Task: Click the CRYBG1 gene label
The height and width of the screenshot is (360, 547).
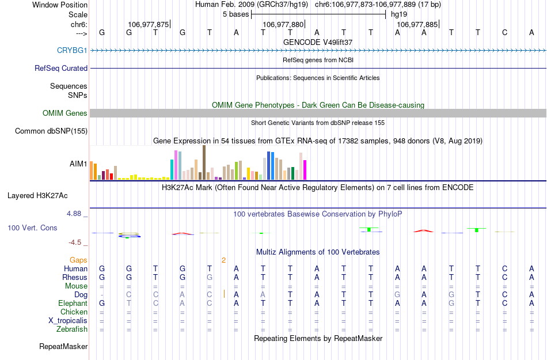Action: [x=72, y=50]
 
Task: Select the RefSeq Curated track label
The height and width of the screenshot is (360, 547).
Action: [x=61, y=68]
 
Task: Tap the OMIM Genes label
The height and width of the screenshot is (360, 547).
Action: [x=65, y=113]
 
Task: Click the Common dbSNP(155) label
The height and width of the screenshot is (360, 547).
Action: [x=51, y=131]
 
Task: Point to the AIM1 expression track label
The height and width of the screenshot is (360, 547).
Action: [x=78, y=164]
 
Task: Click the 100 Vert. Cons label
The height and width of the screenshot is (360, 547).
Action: [x=32, y=228]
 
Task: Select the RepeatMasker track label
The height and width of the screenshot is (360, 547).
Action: [x=63, y=346]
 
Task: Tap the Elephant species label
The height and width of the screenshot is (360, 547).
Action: [x=73, y=303]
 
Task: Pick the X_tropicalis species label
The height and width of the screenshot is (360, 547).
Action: [x=68, y=320]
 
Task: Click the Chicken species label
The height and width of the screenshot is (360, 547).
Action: [x=74, y=312]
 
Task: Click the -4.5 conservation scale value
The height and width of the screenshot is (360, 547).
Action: [x=75, y=242]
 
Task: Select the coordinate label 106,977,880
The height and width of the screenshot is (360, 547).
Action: [x=282, y=25]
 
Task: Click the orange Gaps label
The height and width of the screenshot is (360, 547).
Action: [x=78, y=260]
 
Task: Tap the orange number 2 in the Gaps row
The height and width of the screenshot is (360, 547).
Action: [x=223, y=260]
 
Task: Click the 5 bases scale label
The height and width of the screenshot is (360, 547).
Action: [x=235, y=14]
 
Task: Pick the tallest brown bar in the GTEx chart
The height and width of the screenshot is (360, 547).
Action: [x=204, y=162]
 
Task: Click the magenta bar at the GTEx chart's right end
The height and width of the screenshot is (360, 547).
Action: [x=305, y=169]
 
